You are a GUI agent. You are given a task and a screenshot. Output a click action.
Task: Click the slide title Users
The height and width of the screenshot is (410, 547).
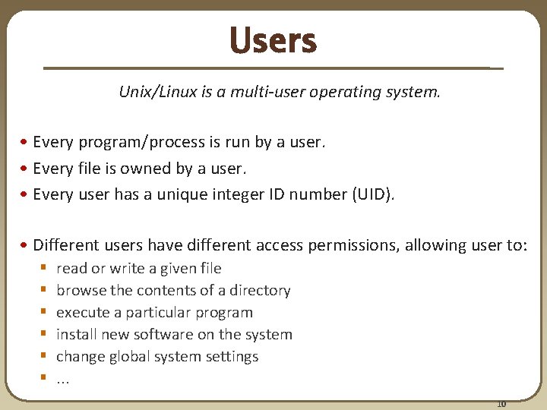273,41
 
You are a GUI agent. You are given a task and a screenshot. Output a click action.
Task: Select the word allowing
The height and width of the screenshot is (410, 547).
435,245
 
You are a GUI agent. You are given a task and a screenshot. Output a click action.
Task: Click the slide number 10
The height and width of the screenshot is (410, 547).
501,403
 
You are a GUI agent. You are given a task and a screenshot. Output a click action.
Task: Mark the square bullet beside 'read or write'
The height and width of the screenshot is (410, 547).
45,269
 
